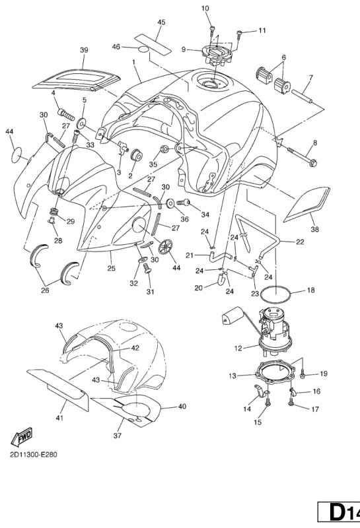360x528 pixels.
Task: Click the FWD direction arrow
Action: pos(22,436)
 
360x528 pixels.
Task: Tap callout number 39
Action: pos(84,50)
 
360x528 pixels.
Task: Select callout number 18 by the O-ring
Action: pos(310,290)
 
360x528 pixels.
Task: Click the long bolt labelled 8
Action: pos(302,156)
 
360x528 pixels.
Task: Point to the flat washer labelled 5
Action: pos(81,123)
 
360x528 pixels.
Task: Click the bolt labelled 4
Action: pos(66,114)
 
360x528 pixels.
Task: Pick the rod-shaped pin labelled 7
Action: pos(303,96)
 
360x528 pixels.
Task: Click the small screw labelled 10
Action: pos(212,30)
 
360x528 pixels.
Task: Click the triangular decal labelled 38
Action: pos(307,205)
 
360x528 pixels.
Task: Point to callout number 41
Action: pos(59,418)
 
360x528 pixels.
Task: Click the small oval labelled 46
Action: pos(143,50)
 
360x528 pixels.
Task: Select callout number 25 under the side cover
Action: pos(111,269)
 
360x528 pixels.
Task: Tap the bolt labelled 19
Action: pos(303,374)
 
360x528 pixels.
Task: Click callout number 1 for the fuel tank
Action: pos(134,62)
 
